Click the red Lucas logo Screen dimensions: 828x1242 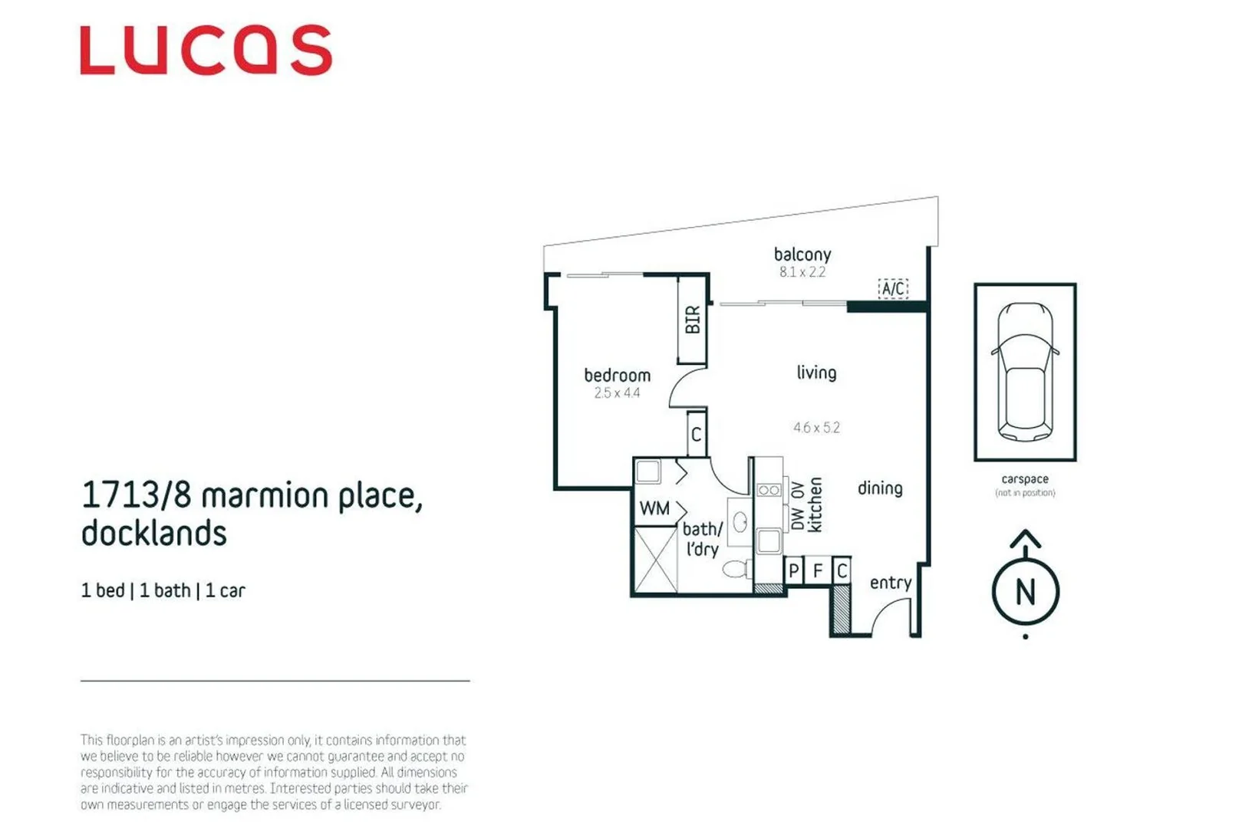coord(206,51)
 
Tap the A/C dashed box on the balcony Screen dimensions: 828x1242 coord(892,289)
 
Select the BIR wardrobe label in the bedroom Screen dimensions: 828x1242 coord(692,320)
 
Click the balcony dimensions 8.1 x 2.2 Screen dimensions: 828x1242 coord(802,272)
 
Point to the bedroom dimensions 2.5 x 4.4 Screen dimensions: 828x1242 coord(617,393)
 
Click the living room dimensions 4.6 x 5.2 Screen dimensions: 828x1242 coord(816,428)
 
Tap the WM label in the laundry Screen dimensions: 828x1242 coord(654,508)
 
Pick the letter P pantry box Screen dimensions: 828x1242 coord(794,571)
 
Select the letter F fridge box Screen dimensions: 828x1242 coord(818,571)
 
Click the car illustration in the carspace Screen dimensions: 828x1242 coord(1025,372)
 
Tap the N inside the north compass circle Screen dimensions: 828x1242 coord(1025,593)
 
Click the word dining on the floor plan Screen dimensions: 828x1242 coord(880,488)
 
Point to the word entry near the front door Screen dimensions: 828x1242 coord(890,583)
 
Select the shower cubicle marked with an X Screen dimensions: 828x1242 coord(656,560)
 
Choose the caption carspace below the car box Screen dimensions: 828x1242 coord(1024,479)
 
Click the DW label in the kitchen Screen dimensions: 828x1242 coord(798,520)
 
